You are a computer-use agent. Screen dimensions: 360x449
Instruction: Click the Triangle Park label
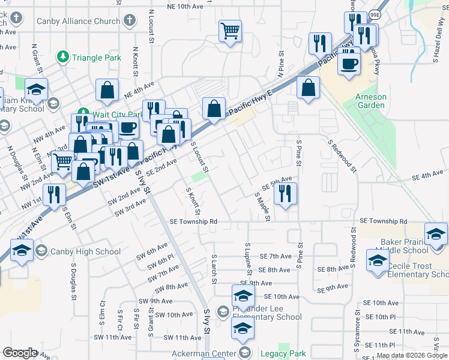[96, 58]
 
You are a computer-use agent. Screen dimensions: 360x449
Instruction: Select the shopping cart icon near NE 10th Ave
[230, 31]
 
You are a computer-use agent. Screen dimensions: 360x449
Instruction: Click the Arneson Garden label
[370, 101]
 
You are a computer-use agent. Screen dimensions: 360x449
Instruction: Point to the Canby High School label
[85, 251]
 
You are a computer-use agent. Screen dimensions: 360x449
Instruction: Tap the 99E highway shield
[375, 14]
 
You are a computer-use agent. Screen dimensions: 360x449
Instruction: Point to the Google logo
[20, 353]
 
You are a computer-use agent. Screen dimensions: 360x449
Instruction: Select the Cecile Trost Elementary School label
[418, 270]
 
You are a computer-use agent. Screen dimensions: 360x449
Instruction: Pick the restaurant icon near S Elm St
[55, 194]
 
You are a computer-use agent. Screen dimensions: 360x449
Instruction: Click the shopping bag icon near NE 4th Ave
[107, 90]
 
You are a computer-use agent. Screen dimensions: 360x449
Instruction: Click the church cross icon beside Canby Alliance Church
[128, 21]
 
